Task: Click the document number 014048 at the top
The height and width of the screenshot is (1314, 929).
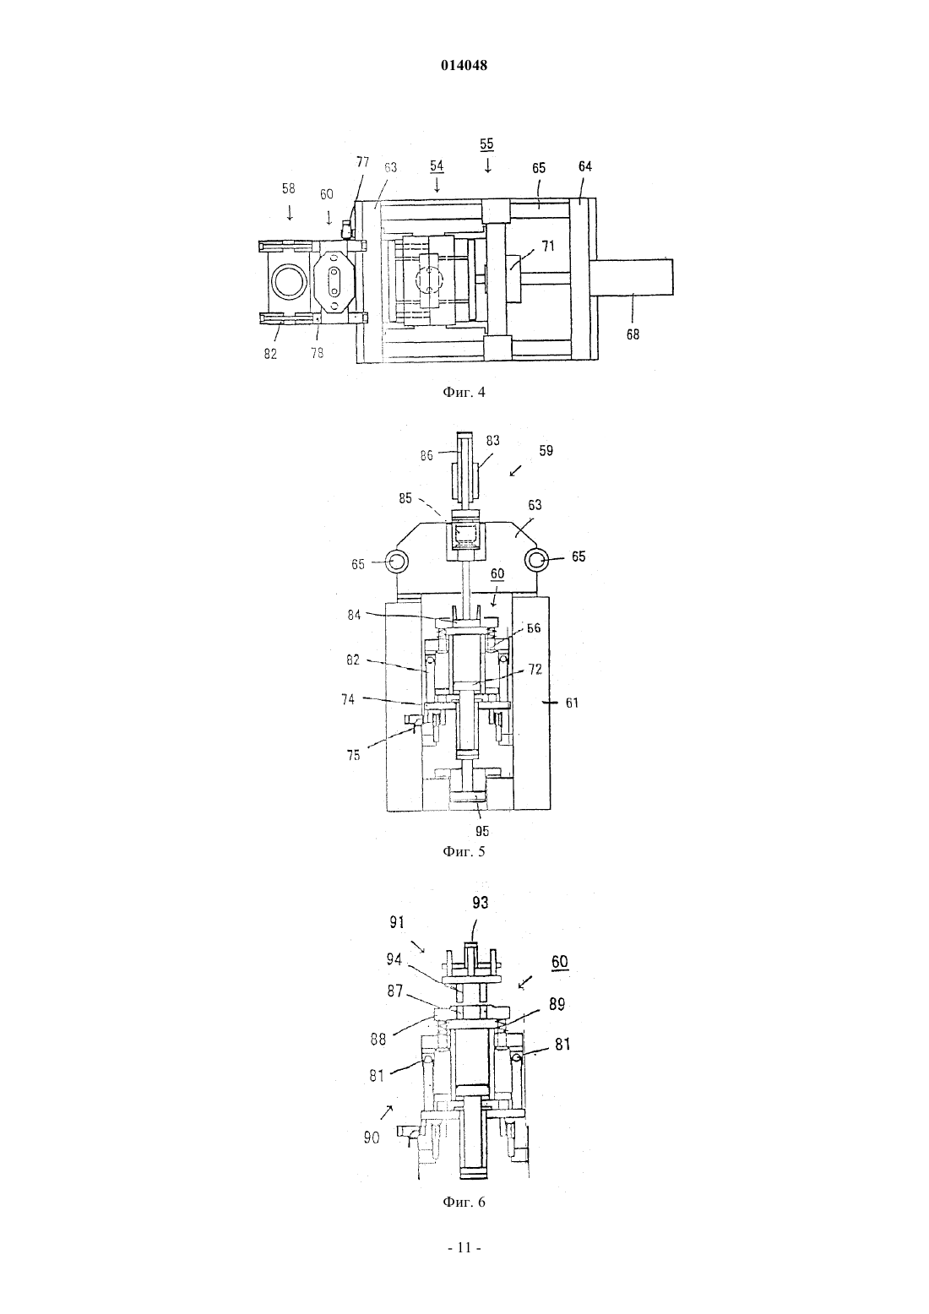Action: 464,65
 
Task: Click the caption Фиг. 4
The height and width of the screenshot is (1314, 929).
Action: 464,392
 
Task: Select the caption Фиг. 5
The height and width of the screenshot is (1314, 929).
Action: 464,851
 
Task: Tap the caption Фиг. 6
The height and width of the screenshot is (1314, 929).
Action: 464,1202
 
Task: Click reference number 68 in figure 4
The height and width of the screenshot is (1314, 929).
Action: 633,334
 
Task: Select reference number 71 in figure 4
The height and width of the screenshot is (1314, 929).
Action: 548,246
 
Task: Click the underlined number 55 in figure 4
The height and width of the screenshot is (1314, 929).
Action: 486,144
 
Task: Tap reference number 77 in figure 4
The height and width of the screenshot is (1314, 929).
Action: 363,162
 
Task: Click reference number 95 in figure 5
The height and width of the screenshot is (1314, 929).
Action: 482,831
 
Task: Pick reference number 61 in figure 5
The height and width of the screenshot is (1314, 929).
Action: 572,702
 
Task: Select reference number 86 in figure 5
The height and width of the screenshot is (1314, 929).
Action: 427,455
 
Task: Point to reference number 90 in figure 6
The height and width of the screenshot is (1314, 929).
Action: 372,1138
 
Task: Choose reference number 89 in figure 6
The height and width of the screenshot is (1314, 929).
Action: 557,1005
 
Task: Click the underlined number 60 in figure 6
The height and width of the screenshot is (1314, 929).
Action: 560,962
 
